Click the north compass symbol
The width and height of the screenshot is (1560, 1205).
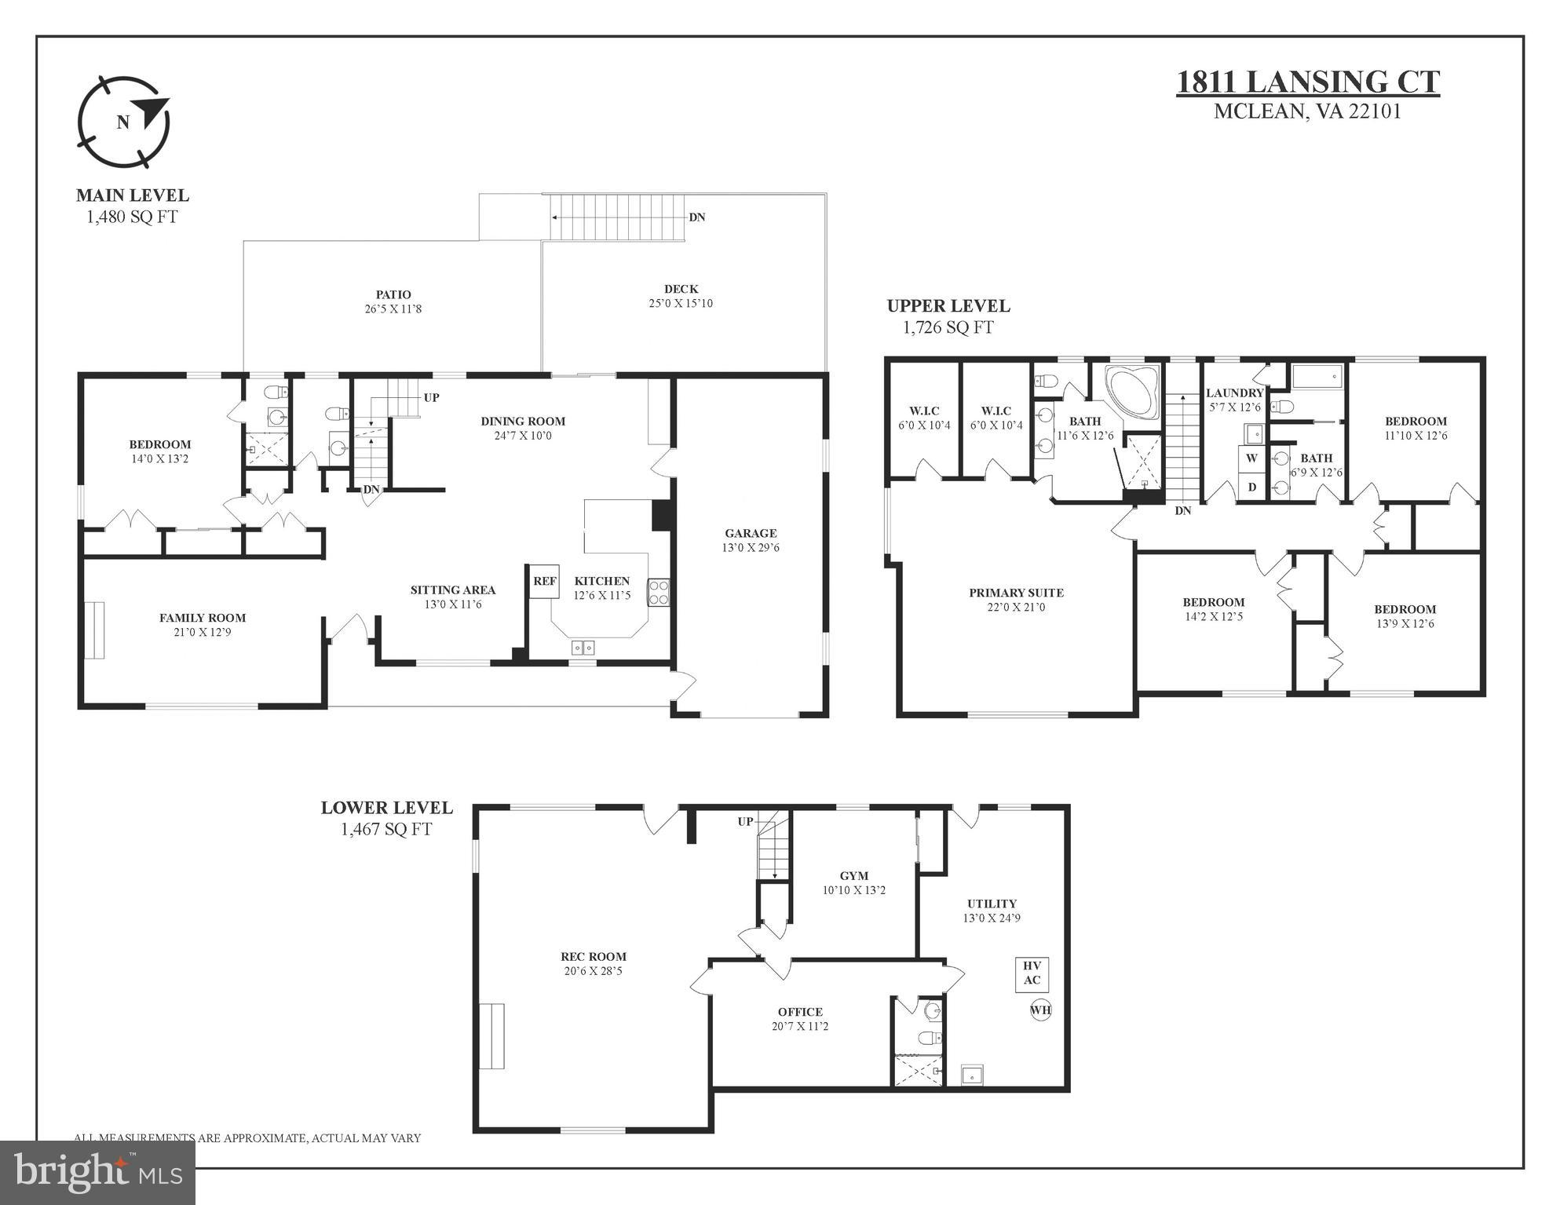[123, 122]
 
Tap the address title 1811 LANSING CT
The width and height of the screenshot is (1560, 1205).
[1307, 82]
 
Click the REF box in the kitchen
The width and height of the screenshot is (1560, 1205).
[544, 582]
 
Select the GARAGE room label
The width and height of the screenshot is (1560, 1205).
[751, 533]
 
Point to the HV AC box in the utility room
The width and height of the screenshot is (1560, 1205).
[1032, 973]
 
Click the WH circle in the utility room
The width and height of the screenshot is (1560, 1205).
[1040, 1010]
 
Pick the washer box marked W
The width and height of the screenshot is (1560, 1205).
[1251, 458]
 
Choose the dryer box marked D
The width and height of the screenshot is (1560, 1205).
[1251, 487]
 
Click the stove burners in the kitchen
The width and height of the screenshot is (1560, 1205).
[658, 593]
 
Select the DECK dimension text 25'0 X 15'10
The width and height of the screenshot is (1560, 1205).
[681, 304]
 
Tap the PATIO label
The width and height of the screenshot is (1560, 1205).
[393, 295]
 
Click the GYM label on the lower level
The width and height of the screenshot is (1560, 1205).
[854, 876]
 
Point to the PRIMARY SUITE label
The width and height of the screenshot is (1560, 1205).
[1016, 593]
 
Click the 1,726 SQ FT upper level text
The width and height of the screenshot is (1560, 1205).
[948, 328]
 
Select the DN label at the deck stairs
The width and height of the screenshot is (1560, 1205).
[696, 217]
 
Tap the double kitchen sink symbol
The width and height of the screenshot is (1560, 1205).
[583, 648]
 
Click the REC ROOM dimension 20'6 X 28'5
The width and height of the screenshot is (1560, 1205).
[593, 971]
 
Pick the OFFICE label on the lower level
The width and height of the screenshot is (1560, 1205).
[800, 1012]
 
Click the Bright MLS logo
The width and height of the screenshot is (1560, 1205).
[97, 1172]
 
